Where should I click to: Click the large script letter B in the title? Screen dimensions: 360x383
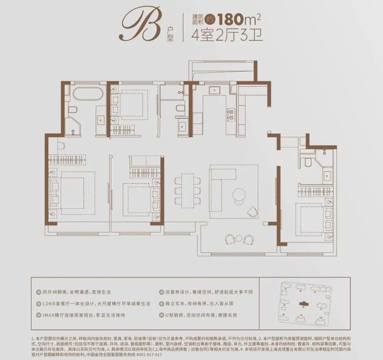135,26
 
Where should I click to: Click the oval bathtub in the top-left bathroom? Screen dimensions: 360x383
92,94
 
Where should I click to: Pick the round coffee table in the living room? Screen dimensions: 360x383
254,209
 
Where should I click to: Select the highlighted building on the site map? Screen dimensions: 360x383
302,303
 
